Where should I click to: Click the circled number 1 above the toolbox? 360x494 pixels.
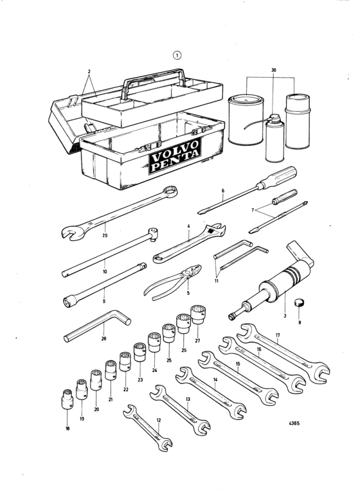[x=177, y=56]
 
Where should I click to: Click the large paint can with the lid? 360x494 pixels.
[x=247, y=119]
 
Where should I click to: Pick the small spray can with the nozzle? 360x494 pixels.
[x=275, y=138]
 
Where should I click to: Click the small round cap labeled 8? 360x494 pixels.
[x=298, y=303]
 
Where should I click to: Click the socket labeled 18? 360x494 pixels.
[x=66, y=399]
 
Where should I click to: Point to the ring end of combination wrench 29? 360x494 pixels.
[x=173, y=191]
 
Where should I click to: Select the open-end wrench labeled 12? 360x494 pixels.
[x=148, y=427]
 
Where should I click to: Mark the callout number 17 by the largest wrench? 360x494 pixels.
[x=278, y=335]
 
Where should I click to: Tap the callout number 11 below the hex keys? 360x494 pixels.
[x=216, y=281]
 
